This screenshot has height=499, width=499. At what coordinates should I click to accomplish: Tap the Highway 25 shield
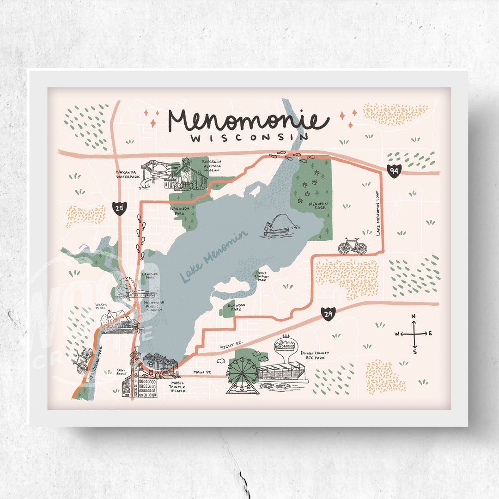click(x=119, y=208)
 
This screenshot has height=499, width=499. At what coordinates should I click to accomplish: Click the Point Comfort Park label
click(x=262, y=276)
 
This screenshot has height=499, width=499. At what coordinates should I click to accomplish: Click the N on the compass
click(x=414, y=316)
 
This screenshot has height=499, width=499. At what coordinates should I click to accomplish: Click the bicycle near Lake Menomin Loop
click(x=353, y=246)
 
